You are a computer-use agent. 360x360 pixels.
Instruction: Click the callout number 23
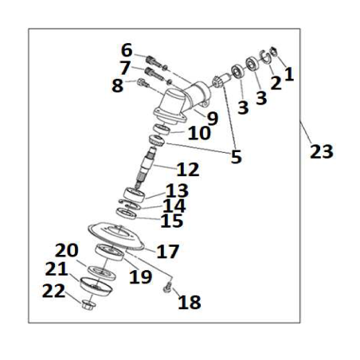(x=322, y=151)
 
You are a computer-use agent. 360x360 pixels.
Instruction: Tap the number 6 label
(x=127, y=50)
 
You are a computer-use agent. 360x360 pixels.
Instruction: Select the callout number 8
(x=117, y=85)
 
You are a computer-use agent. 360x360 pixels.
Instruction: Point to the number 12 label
(x=188, y=170)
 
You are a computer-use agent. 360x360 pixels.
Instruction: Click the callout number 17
(x=168, y=252)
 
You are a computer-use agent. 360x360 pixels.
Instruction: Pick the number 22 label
(x=53, y=291)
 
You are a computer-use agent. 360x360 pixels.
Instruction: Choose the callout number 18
(x=190, y=302)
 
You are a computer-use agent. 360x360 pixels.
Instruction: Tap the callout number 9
(x=213, y=119)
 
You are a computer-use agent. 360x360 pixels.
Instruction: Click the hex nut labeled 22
(x=89, y=305)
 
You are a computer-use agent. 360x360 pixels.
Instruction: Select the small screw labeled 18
(x=167, y=288)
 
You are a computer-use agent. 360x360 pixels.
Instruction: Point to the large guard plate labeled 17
(x=116, y=237)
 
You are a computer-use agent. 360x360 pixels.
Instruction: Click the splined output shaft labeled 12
(x=145, y=167)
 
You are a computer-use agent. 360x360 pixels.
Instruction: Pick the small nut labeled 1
(x=274, y=51)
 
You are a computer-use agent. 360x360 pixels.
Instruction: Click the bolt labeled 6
(x=154, y=62)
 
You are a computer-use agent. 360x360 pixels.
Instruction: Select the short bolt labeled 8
(x=143, y=83)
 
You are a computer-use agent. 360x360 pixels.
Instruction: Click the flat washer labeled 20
(x=102, y=272)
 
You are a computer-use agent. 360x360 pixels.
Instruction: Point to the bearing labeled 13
(x=135, y=195)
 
